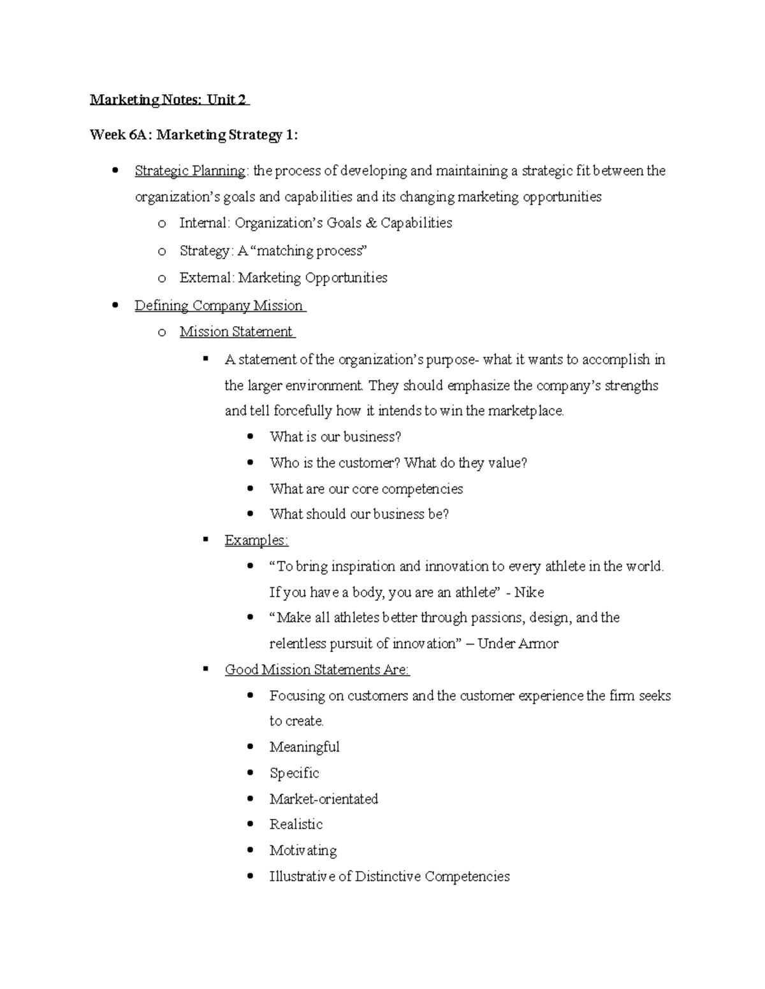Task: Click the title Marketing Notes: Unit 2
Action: point(169,100)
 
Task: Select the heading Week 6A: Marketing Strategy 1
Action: point(194,135)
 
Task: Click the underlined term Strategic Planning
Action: point(190,171)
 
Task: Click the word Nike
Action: point(528,592)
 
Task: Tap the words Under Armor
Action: point(518,644)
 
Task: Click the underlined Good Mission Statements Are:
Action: point(317,669)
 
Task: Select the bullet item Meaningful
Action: point(304,747)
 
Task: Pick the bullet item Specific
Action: point(294,773)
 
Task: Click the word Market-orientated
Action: point(323,799)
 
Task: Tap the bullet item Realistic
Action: point(296,824)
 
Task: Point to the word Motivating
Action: point(303,850)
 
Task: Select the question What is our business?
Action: point(335,437)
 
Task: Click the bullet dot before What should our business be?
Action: point(251,513)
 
